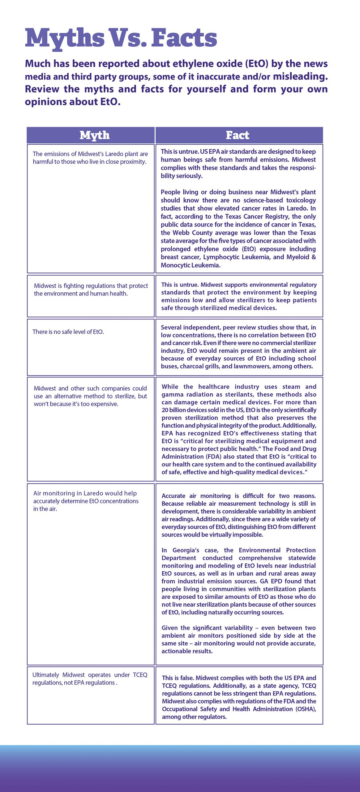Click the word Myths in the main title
click(x=65, y=38)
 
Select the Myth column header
click(x=94, y=135)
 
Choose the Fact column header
click(x=238, y=135)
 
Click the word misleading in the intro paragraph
click(x=300, y=76)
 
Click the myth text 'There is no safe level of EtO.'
click(x=68, y=332)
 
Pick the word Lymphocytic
click(x=223, y=257)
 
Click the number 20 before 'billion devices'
click(x=165, y=410)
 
